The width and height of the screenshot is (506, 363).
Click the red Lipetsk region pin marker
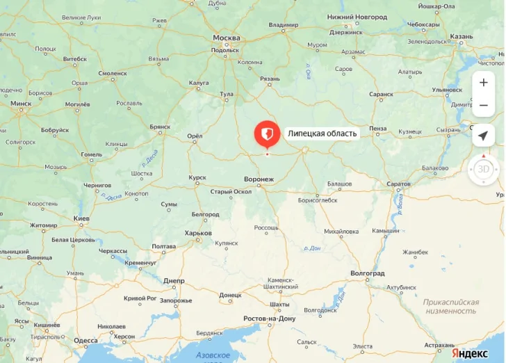point(267,133)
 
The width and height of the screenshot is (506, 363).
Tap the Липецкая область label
point(322,134)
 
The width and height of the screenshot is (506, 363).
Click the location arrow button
point(483,135)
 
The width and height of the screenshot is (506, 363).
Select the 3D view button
point(483,169)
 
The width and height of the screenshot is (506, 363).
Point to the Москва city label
point(227,38)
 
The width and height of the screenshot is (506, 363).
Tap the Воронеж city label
point(259,179)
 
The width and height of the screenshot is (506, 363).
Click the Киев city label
point(81,218)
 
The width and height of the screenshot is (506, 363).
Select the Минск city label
point(21,104)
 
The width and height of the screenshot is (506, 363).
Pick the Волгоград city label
point(368,273)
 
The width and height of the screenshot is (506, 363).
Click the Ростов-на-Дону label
point(270,318)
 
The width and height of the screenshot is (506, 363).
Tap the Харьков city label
point(198,233)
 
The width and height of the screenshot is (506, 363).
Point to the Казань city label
point(462,36)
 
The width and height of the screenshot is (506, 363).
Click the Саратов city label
point(399,184)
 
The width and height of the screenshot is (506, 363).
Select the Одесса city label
point(85,340)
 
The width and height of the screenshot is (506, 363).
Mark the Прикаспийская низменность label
point(451,307)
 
